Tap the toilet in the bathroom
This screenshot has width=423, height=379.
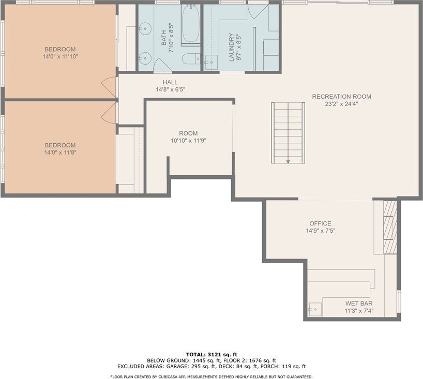(191, 58)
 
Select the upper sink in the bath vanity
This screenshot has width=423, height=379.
(145, 28)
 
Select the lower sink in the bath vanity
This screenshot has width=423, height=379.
(145, 57)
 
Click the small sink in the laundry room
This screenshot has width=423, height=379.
(211, 63)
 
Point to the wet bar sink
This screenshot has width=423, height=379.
(315, 309)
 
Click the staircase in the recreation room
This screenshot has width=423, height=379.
(288, 133)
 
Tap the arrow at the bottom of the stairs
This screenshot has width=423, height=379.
(288, 161)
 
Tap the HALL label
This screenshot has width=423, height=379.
(170, 82)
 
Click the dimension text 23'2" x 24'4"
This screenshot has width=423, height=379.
(341, 104)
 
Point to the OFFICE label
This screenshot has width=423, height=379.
(320, 223)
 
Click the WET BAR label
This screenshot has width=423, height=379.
(359, 304)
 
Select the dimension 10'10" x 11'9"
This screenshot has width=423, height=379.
(189, 141)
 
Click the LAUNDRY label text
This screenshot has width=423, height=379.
(232, 47)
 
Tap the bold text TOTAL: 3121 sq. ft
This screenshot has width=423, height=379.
(211, 355)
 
